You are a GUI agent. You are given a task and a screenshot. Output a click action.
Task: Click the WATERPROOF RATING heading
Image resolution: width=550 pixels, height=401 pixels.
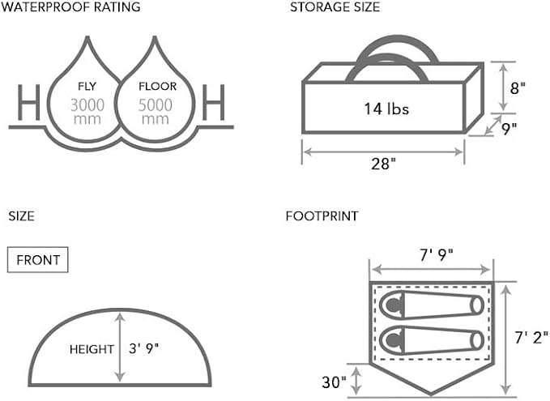click(70, 7)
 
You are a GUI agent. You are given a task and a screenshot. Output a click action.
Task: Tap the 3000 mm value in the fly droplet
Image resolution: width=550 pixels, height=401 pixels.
click(87, 112)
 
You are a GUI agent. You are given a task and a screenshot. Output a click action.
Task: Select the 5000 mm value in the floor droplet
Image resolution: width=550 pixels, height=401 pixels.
click(155, 112)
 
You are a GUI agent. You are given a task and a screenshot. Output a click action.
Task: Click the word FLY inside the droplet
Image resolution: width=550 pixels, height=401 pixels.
click(87, 87)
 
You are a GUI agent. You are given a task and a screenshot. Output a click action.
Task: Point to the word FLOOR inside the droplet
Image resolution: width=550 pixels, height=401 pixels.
click(157, 87)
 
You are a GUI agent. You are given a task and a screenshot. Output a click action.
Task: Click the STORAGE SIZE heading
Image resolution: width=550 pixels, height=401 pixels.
click(335, 7)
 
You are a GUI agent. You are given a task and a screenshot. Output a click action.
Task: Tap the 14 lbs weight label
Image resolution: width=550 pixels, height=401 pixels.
click(386, 109)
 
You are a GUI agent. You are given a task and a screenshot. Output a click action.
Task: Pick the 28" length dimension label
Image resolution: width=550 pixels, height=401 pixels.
click(383, 164)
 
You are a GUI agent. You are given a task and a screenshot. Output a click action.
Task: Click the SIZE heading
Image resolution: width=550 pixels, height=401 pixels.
click(21, 216)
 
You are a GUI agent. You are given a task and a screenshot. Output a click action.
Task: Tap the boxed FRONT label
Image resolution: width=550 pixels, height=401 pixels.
click(38, 260)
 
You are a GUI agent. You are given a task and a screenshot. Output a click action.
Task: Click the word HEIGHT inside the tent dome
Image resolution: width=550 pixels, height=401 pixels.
click(92, 349)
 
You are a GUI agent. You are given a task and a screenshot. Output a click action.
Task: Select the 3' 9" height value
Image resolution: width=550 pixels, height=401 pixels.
click(144, 348)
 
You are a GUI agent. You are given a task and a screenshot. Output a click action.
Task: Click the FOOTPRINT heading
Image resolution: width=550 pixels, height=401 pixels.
click(322, 216)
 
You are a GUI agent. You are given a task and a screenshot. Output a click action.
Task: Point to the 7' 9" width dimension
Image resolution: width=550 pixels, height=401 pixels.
click(437, 255)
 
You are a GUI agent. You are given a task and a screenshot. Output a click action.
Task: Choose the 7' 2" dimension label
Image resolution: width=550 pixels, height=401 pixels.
click(531, 338)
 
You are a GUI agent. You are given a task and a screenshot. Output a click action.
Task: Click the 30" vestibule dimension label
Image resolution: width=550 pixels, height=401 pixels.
click(335, 382)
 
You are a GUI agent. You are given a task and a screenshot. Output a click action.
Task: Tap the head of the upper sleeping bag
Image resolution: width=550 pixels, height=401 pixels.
click(393, 305)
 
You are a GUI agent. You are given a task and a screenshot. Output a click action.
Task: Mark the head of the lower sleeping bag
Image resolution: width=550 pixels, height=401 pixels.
click(393, 339)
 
